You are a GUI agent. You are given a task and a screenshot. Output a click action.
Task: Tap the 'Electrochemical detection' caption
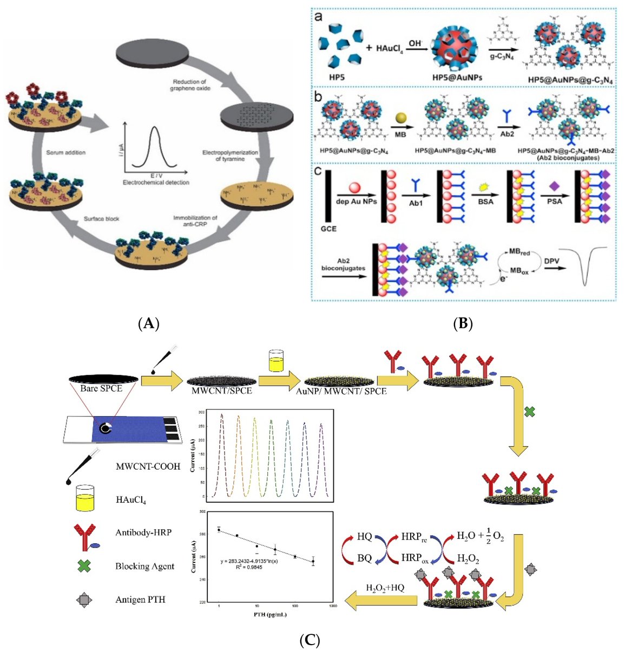pyautogui.click(x=156, y=183)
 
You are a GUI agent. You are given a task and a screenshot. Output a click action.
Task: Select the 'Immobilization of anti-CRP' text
pyautogui.click(x=195, y=222)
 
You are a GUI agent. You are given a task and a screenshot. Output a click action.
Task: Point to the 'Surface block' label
pyautogui.click(x=101, y=219)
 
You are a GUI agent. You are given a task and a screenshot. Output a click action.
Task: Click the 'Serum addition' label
pyautogui.click(x=65, y=153)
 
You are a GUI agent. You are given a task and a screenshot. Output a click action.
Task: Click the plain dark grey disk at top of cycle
pyautogui.click(x=154, y=57)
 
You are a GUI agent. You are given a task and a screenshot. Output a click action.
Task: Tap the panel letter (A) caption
pyautogui.click(x=148, y=324)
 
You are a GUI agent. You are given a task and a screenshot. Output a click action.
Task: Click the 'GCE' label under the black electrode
pyautogui.click(x=328, y=229)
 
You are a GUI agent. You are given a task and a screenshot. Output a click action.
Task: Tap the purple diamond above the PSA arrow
pyautogui.click(x=554, y=185)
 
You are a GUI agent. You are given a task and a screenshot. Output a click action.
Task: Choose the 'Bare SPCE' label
pyautogui.click(x=101, y=388)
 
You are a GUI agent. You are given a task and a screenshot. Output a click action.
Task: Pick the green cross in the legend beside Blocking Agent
pyautogui.click(x=84, y=566)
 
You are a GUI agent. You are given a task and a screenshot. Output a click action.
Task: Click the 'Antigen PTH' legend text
pyautogui.click(x=140, y=600)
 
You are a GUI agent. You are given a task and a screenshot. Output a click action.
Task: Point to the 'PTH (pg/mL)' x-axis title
pyautogui.click(x=269, y=614)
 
